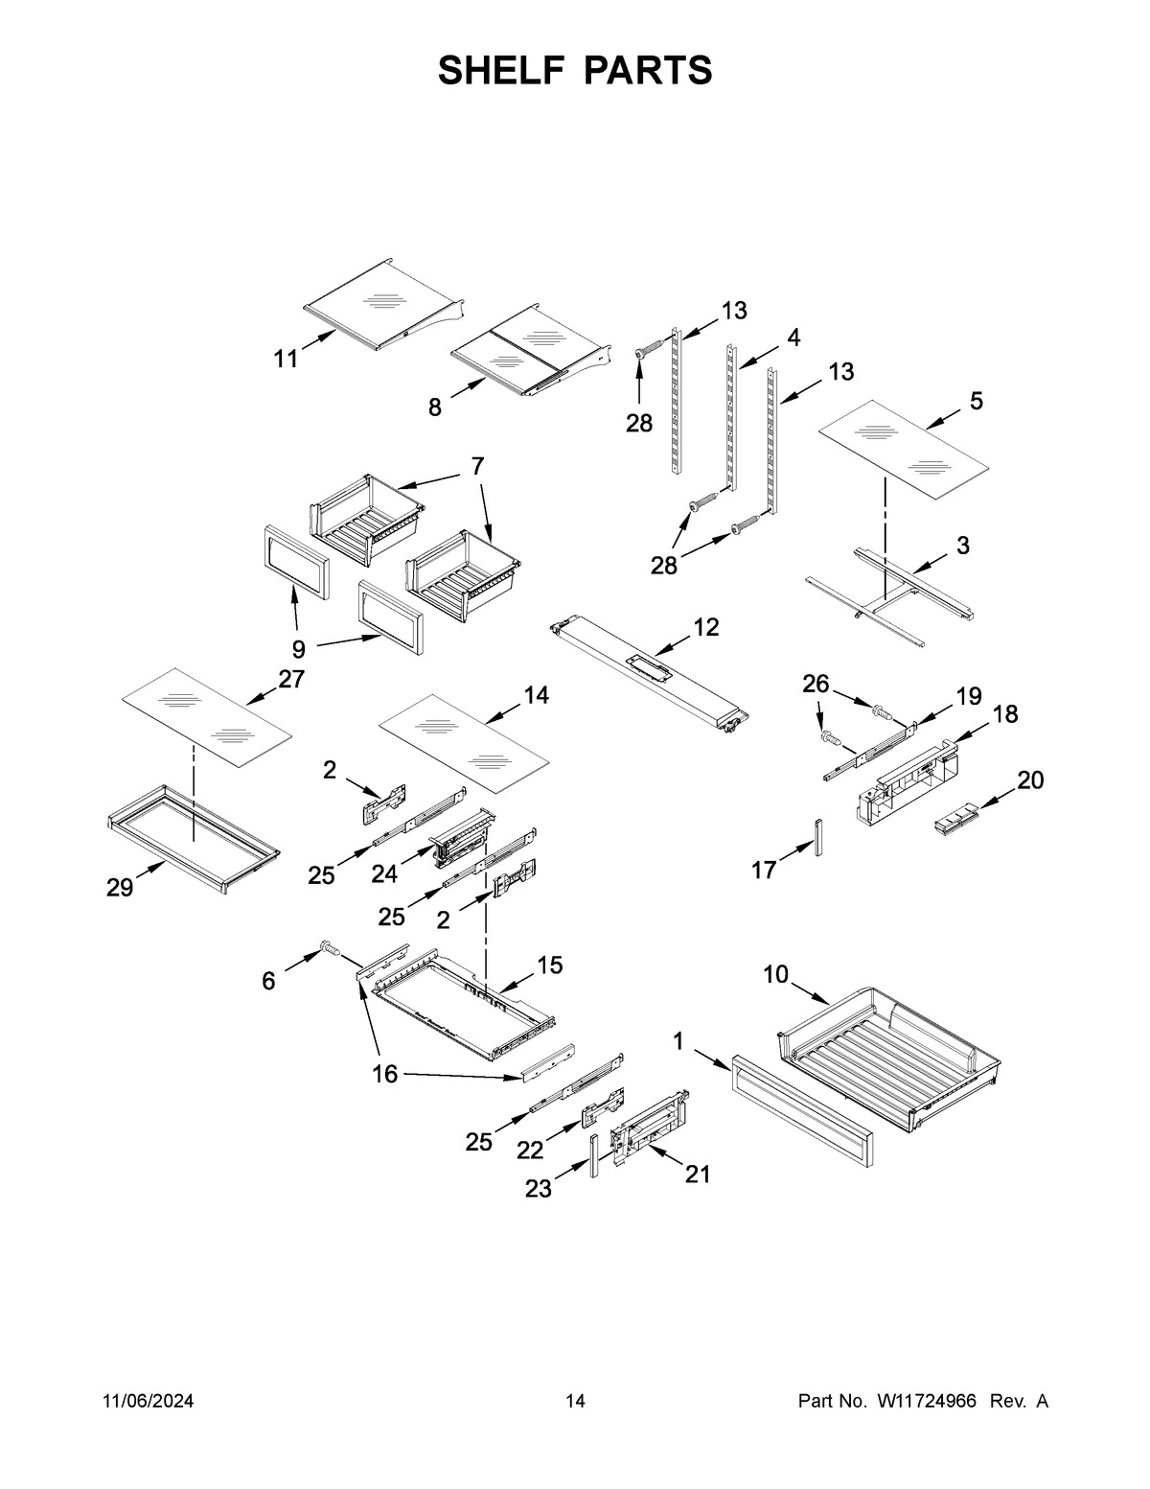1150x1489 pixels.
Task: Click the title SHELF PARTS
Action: [x=575, y=71]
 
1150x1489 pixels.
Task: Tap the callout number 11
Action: [x=286, y=360]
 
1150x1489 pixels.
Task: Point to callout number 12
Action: [x=705, y=627]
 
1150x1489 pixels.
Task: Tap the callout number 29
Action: [x=120, y=888]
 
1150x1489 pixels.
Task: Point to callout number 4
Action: [x=793, y=337]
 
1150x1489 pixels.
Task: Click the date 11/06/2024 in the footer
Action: [x=148, y=1402]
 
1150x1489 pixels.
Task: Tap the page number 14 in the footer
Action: [x=575, y=1402]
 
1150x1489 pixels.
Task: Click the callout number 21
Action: [x=698, y=1174]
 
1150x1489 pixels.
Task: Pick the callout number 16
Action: [x=384, y=1074]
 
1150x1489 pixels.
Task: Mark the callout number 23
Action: [x=539, y=1189]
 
